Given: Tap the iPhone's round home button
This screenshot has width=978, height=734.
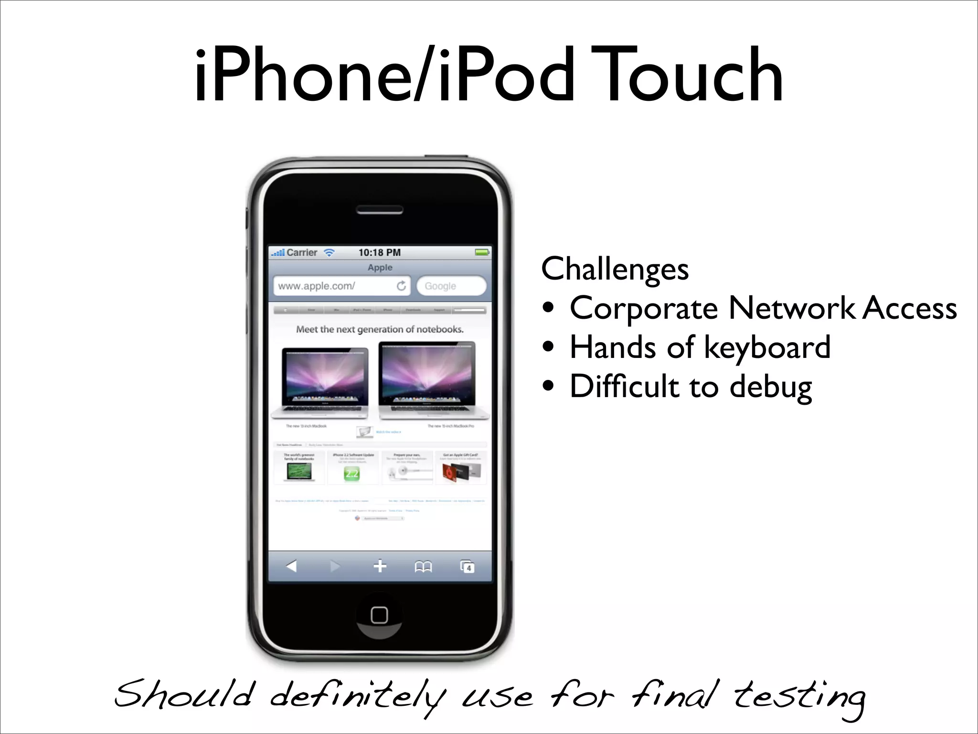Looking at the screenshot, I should (379, 615).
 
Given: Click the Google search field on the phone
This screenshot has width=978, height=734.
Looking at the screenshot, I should (451, 286).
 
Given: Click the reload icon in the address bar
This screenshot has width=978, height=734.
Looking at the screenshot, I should (401, 286).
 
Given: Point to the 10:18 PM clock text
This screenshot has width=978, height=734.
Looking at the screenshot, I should (380, 252).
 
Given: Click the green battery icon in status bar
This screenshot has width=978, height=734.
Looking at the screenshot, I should (482, 252).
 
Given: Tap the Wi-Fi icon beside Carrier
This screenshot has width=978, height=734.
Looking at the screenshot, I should (330, 252).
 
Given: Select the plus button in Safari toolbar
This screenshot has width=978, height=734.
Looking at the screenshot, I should (380, 566).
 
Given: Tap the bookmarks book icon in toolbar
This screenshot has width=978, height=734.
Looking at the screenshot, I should (423, 567).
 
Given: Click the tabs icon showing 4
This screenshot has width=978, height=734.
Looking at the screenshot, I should (467, 567).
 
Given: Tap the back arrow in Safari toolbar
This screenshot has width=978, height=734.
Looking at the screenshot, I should (291, 566).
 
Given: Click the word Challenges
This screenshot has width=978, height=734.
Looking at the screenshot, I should (615, 269).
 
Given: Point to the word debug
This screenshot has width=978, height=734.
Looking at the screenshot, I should (771, 387).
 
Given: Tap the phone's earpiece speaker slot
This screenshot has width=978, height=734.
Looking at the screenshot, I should (380, 210).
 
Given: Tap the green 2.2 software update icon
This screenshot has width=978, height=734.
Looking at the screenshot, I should (352, 474).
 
